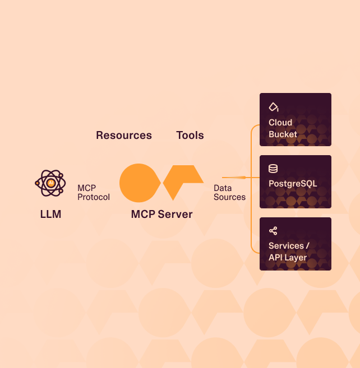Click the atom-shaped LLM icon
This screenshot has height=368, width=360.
[x=50, y=183]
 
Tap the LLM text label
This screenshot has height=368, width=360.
[x=50, y=214]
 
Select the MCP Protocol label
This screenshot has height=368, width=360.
[x=94, y=193]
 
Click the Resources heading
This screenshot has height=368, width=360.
[x=124, y=135]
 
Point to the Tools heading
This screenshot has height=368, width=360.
[x=190, y=135]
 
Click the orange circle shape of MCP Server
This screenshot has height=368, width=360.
[x=139, y=183]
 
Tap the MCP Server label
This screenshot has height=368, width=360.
[x=161, y=214]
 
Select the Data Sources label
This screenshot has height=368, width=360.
[x=229, y=193]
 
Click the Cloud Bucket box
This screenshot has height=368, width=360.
[x=296, y=119]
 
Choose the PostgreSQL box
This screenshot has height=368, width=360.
[x=296, y=181]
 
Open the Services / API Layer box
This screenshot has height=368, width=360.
[x=296, y=244]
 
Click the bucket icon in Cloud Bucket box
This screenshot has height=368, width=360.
[x=274, y=106]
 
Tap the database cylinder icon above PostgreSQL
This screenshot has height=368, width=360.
[x=273, y=169]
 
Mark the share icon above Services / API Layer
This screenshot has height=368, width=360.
[x=273, y=231]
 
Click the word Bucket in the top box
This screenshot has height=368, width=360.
[x=283, y=134]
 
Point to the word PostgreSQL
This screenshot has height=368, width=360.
[x=293, y=184]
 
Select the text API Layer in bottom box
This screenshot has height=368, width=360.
[x=288, y=258]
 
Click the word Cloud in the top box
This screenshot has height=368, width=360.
[x=280, y=122]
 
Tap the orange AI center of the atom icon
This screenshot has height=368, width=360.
[x=51, y=183]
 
